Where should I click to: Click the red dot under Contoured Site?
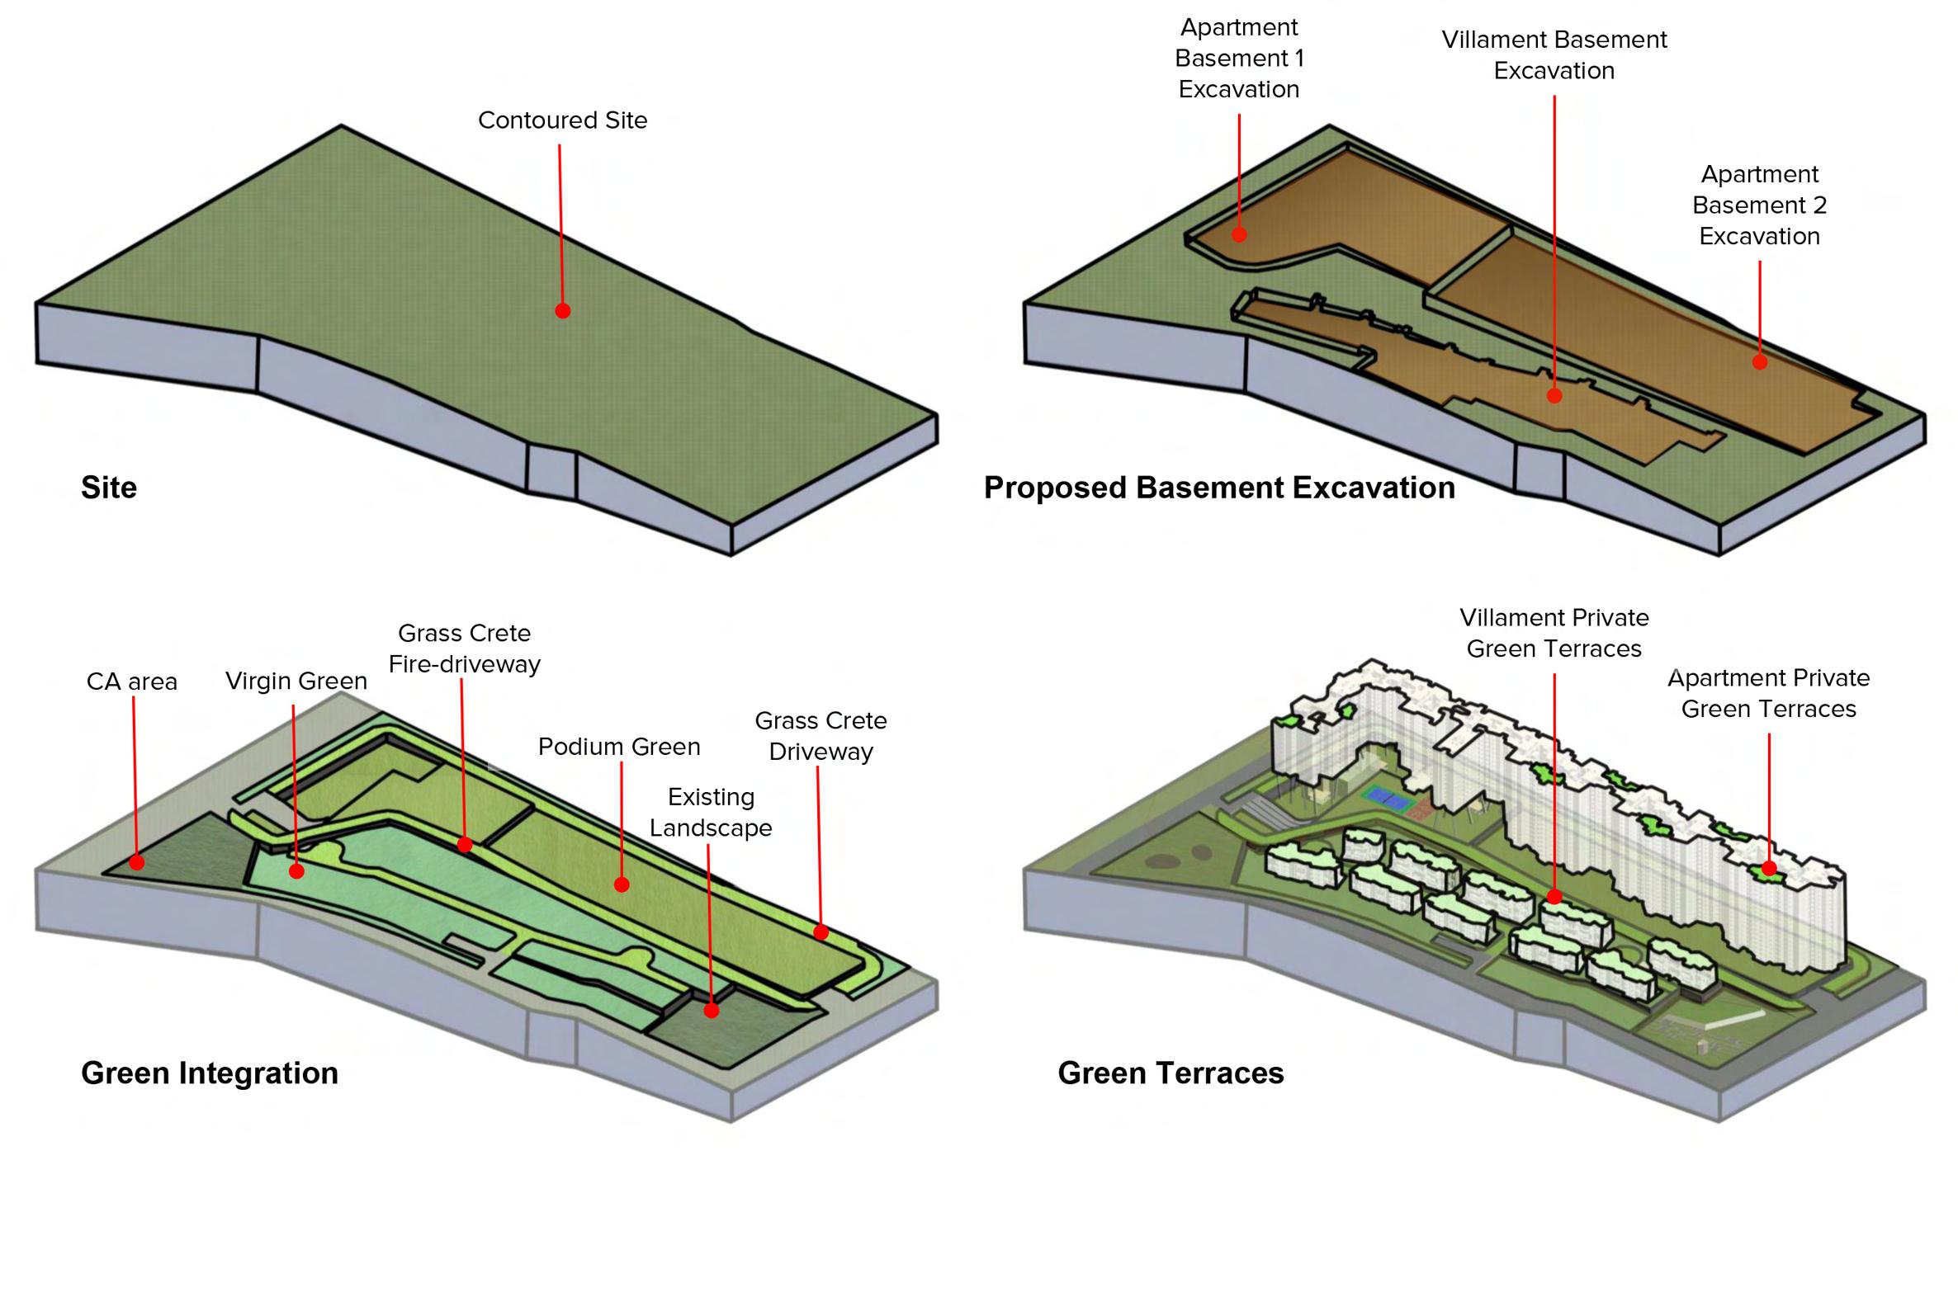(563, 311)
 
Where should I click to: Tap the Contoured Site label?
(563, 120)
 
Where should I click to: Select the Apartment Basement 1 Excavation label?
(1239, 59)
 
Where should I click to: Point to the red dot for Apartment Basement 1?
(1239, 235)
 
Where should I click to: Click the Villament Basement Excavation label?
(1554, 55)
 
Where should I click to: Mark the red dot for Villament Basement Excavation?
(1554, 396)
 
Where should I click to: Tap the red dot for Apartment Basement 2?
(1760, 361)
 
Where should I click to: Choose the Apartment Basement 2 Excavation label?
(1759, 205)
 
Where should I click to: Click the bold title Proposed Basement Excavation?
(1219, 488)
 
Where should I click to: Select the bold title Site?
(108, 488)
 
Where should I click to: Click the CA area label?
(131, 682)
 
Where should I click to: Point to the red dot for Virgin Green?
(296, 871)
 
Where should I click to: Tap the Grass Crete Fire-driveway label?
(464, 648)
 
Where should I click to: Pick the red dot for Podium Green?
(622, 884)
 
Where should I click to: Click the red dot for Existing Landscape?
(711, 1010)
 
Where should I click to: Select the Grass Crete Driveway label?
(821, 736)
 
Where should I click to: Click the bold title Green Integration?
(210, 1073)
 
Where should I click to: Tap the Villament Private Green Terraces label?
(1554, 634)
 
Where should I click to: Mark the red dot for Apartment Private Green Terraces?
(1769, 869)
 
